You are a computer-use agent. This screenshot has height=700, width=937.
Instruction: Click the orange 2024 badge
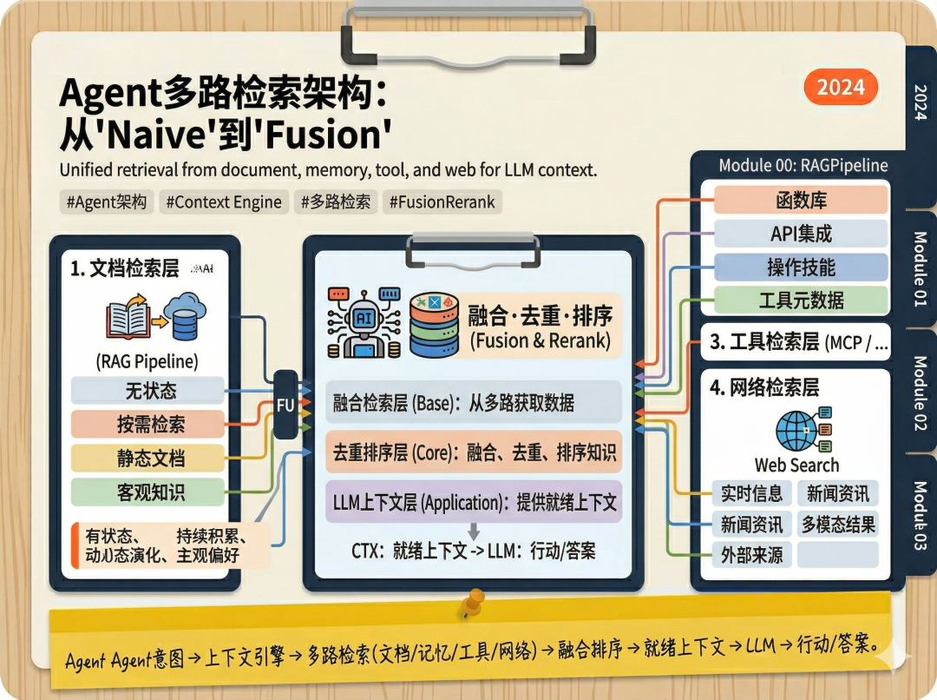[x=841, y=87]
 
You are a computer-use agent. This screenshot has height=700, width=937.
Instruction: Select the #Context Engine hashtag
[x=223, y=202]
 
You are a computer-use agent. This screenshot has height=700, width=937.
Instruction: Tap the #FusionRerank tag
[x=442, y=202]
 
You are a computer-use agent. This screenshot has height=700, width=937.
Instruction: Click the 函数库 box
[x=801, y=200]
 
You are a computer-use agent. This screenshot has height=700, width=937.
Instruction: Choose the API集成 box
[x=801, y=234]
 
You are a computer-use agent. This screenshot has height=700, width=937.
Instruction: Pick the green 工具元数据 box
[x=801, y=300]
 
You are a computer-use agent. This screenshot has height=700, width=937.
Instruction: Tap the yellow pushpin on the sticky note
[x=473, y=601]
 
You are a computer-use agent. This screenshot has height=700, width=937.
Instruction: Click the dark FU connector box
[x=285, y=404]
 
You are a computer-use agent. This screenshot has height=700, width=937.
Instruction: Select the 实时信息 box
[x=751, y=493]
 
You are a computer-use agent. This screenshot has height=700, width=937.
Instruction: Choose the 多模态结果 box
[x=838, y=525]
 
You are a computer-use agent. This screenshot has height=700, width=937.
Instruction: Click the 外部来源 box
[x=751, y=555]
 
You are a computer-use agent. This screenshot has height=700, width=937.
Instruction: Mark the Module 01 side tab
[x=921, y=268]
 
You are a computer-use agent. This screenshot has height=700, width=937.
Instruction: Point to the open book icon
[x=128, y=319]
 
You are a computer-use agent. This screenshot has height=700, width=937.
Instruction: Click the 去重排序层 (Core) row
[x=474, y=452]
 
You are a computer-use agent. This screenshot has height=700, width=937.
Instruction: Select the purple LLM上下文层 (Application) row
[x=474, y=501]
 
